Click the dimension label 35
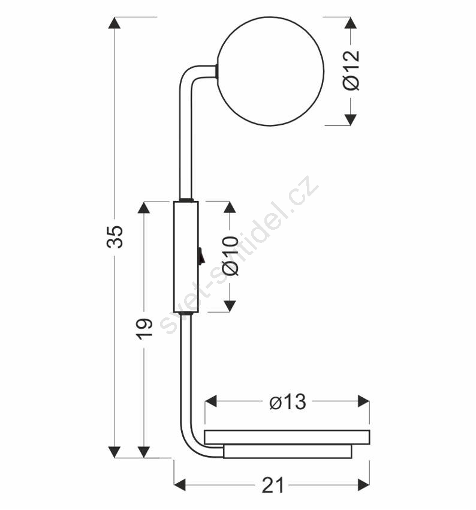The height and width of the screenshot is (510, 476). [x=115, y=236]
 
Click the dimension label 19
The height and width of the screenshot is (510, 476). [x=144, y=329]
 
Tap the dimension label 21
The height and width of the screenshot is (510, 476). [x=273, y=485]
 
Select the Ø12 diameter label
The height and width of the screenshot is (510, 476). [x=351, y=70]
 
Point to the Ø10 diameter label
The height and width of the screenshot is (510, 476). [x=231, y=256]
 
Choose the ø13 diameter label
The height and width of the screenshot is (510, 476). [x=288, y=401]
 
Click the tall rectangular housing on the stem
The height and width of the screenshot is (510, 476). [x=186, y=257]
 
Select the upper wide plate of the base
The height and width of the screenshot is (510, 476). [x=287, y=437]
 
